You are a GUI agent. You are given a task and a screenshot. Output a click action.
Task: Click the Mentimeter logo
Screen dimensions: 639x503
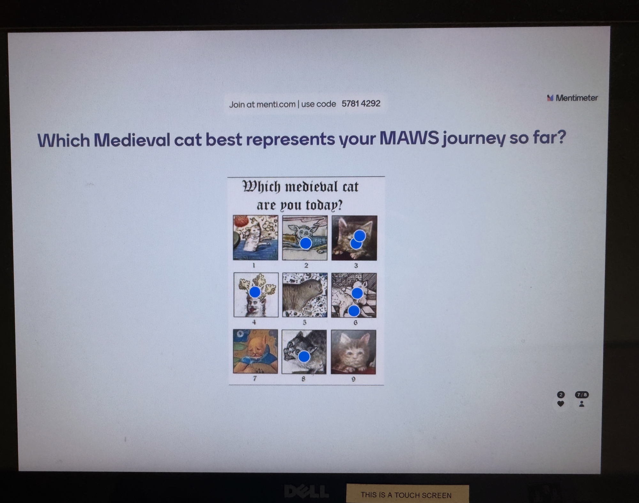(572, 98)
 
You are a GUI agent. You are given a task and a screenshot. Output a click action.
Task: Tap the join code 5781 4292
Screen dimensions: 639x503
(361, 103)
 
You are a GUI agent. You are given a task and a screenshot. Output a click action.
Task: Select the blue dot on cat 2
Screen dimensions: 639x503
(306, 243)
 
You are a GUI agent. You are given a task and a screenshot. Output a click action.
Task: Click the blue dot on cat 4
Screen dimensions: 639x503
(255, 292)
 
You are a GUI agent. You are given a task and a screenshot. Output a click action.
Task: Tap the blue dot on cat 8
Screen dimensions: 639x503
(304, 356)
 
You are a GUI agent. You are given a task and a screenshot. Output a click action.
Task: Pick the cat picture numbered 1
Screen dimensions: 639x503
(255, 238)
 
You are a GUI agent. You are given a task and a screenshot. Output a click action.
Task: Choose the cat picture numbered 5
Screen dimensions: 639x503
(305, 295)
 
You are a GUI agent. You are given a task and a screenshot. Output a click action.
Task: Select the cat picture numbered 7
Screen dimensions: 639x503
(255, 351)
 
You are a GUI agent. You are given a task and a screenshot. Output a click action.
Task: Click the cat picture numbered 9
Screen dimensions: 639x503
(353, 352)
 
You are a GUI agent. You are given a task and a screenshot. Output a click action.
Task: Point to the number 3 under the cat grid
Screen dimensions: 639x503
(356, 265)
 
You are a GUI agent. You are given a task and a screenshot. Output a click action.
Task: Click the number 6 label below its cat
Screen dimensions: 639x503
(355, 323)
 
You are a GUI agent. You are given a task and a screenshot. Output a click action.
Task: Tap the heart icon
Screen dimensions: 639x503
(560, 404)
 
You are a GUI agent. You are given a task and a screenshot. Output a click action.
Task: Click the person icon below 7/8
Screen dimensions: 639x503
(581, 404)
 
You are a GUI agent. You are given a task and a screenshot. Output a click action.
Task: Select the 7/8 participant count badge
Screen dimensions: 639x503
(581, 395)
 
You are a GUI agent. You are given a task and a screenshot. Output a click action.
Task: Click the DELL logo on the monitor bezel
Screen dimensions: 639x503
(306, 492)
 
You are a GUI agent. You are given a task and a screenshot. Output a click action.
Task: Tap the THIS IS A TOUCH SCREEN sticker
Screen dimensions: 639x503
(407, 494)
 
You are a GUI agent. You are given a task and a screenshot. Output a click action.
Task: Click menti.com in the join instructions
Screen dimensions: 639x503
(276, 104)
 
